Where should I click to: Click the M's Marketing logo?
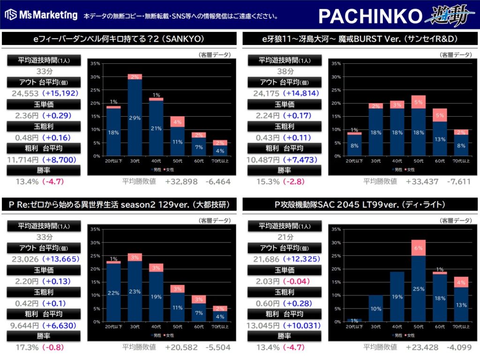41,15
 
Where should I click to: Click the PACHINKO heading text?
370,16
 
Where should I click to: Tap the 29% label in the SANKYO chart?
135,118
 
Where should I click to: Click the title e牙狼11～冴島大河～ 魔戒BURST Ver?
360,38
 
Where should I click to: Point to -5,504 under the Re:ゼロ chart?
218,347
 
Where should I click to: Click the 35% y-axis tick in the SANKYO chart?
95,63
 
